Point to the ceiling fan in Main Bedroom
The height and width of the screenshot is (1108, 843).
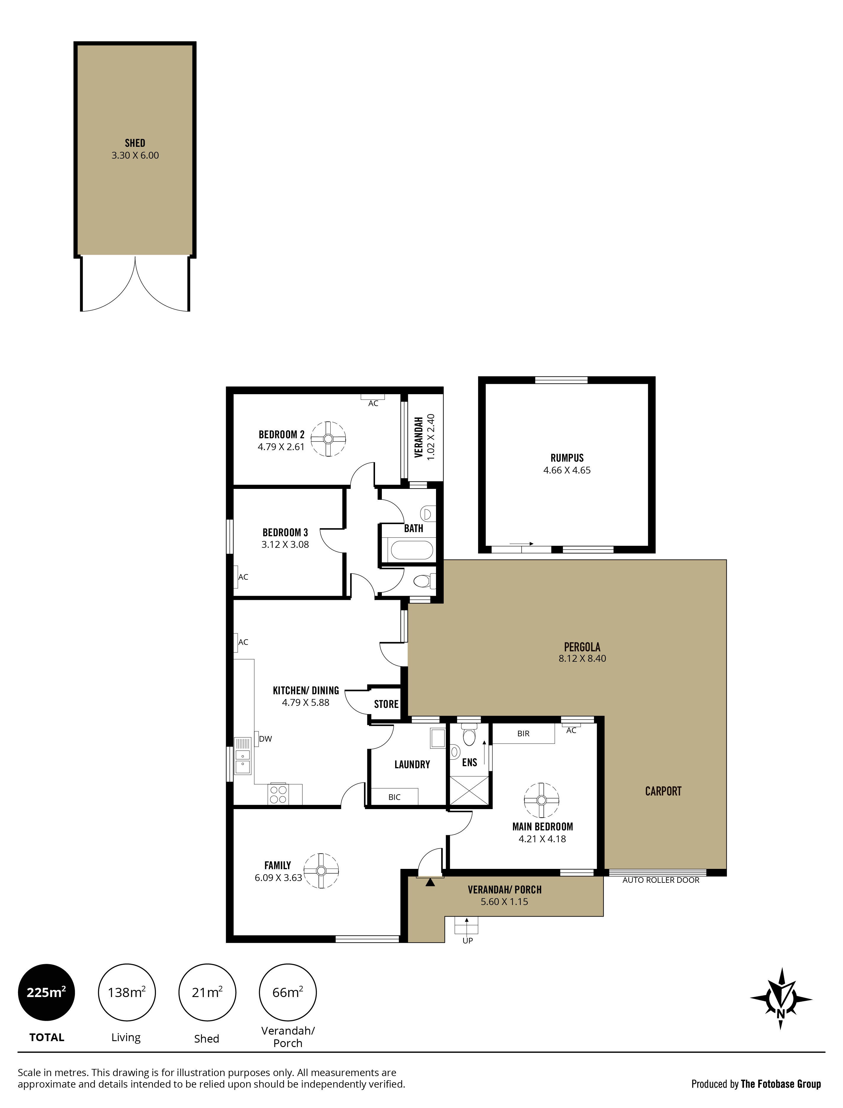point(541,800)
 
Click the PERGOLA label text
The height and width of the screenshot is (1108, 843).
point(582,647)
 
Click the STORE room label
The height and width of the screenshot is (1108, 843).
point(386,704)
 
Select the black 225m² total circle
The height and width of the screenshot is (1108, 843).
point(47,992)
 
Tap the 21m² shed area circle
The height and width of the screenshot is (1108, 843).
point(207,992)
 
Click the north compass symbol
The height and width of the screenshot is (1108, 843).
point(781,999)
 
